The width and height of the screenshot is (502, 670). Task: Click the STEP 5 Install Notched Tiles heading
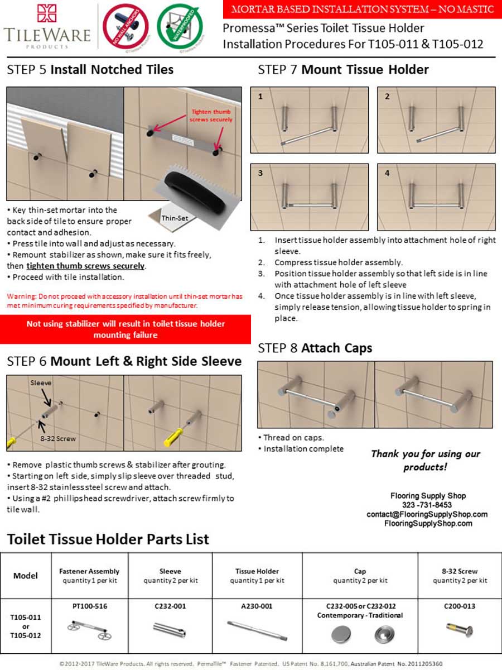tap(90, 70)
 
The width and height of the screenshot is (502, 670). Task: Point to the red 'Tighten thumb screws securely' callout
tap(211, 116)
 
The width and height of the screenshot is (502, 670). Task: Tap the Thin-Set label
tap(175, 218)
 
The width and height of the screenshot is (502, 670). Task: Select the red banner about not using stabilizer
tap(126, 329)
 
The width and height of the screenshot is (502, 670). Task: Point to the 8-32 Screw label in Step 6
tap(57, 439)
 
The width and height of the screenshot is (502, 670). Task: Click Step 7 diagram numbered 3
tap(309, 197)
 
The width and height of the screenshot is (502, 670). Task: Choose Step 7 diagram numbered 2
tap(436, 120)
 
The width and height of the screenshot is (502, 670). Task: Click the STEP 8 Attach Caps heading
tap(315, 348)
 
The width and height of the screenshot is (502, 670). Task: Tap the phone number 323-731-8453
tap(428, 505)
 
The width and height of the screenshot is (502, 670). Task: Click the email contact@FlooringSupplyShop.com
tap(427, 514)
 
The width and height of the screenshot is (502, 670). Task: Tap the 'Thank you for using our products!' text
tap(426, 460)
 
